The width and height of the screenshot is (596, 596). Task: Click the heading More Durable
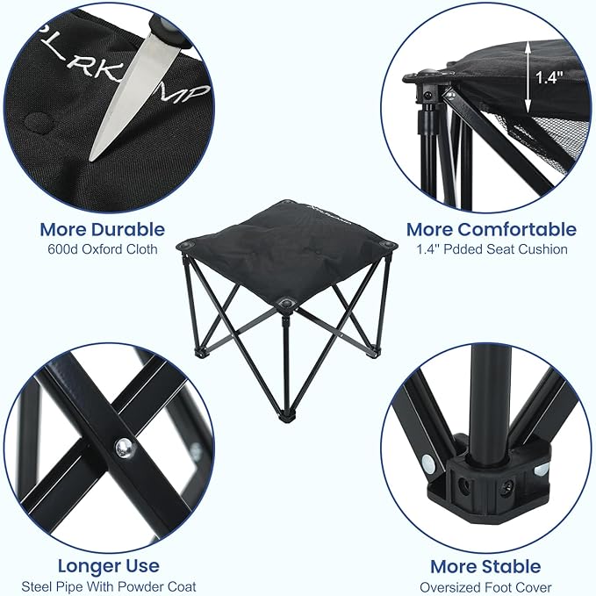coord(102,230)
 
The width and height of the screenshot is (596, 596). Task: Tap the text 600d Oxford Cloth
coord(102,249)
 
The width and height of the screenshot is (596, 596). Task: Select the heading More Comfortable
coord(491,230)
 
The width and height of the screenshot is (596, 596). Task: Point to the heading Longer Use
coord(108,565)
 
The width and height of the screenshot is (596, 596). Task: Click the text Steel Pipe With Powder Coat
coord(108,585)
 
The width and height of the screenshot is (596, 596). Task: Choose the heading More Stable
coord(485,566)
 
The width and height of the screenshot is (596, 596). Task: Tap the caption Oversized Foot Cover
coord(485,585)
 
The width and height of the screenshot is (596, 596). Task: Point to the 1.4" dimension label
coord(549,78)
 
